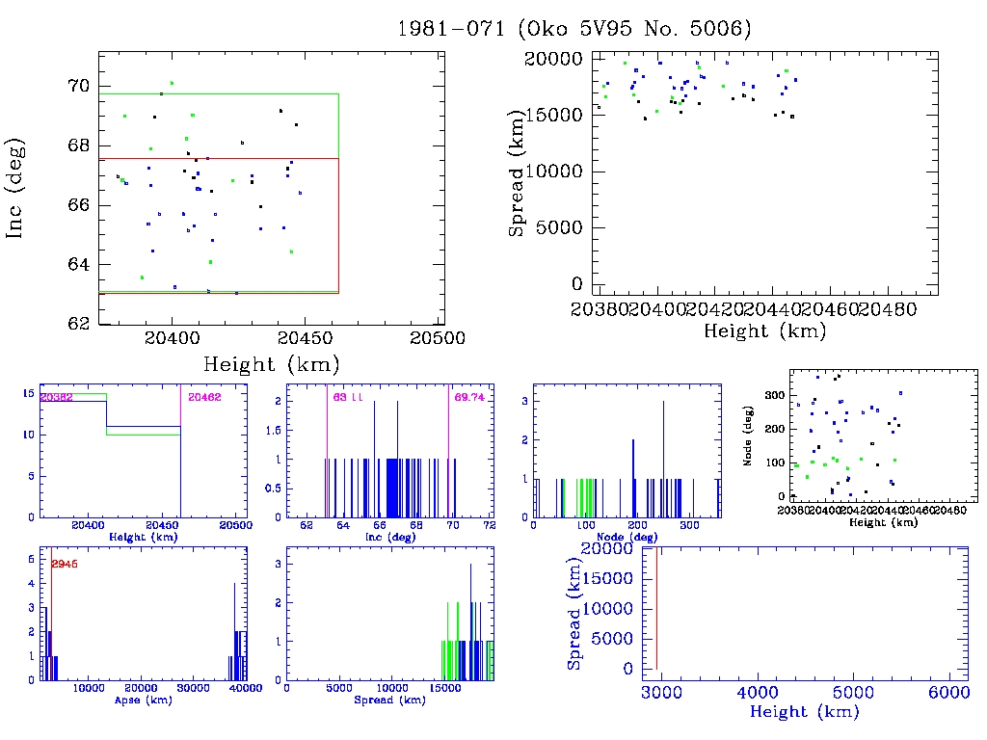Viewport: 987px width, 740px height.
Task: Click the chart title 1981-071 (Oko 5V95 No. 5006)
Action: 574,28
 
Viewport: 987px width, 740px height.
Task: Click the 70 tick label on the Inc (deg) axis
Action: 79,86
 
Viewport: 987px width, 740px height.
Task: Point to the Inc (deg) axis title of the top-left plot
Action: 16,188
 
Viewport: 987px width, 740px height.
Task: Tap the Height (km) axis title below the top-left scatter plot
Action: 271,364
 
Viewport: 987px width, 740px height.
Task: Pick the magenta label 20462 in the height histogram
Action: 204,397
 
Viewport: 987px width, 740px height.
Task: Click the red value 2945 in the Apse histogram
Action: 64,564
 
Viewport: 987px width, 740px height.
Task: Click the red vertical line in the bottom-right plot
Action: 656,607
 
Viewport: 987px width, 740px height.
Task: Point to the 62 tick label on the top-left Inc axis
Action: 79,324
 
